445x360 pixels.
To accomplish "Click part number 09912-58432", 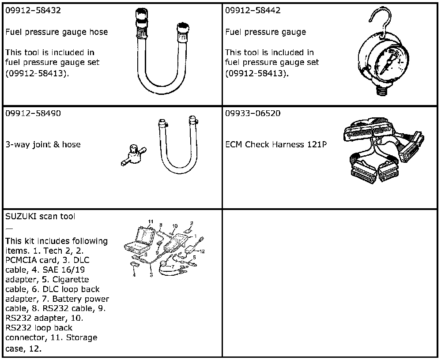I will coord(33,11).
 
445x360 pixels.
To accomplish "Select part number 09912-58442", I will coord(253,11).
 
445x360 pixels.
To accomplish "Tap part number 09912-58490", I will coord(33,113).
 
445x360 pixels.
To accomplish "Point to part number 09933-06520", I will coord(253,113).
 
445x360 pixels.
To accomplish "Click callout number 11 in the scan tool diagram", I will coord(151,221).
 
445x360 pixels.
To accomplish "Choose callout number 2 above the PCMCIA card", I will coord(192,223).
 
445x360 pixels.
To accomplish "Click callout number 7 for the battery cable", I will coord(173,266).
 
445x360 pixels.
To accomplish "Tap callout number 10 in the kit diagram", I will coord(175,226).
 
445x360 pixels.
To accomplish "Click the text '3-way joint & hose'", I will coord(43,144).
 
